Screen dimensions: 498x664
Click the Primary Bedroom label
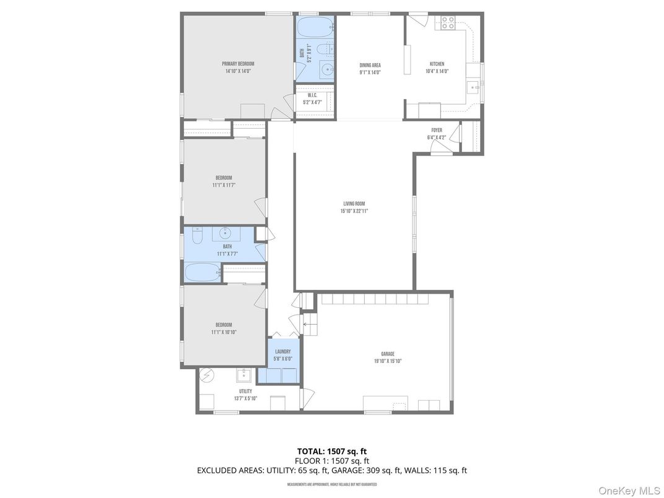click(238, 64)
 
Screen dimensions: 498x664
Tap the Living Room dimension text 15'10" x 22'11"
click(354, 211)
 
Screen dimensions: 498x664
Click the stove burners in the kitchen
click(448, 23)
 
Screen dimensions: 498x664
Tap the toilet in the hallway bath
click(197, 235)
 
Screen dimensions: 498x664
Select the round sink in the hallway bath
click(224, 234)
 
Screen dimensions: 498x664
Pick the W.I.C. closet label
click(312, 95)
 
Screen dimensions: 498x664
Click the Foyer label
click(437, 130)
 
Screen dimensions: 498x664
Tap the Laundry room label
click(282, 351)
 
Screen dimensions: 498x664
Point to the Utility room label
click(245, 391)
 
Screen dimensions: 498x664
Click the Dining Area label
click(370, 65)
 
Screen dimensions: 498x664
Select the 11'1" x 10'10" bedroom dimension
click(224, 332)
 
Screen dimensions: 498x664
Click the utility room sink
click(244, 375)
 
